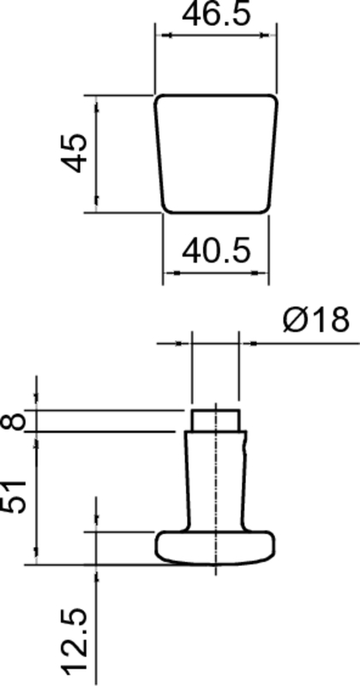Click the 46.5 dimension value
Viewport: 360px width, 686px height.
click(218, 16)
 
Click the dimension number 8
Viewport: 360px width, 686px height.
click(14, 421)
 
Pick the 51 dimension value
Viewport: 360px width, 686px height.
click(14, 496)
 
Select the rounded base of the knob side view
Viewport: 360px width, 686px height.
click(214, 547)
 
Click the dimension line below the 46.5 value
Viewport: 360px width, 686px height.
click(217, 36)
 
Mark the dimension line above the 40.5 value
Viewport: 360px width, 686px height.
click(217, 273)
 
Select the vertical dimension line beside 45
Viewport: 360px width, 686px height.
click(96, 153)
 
